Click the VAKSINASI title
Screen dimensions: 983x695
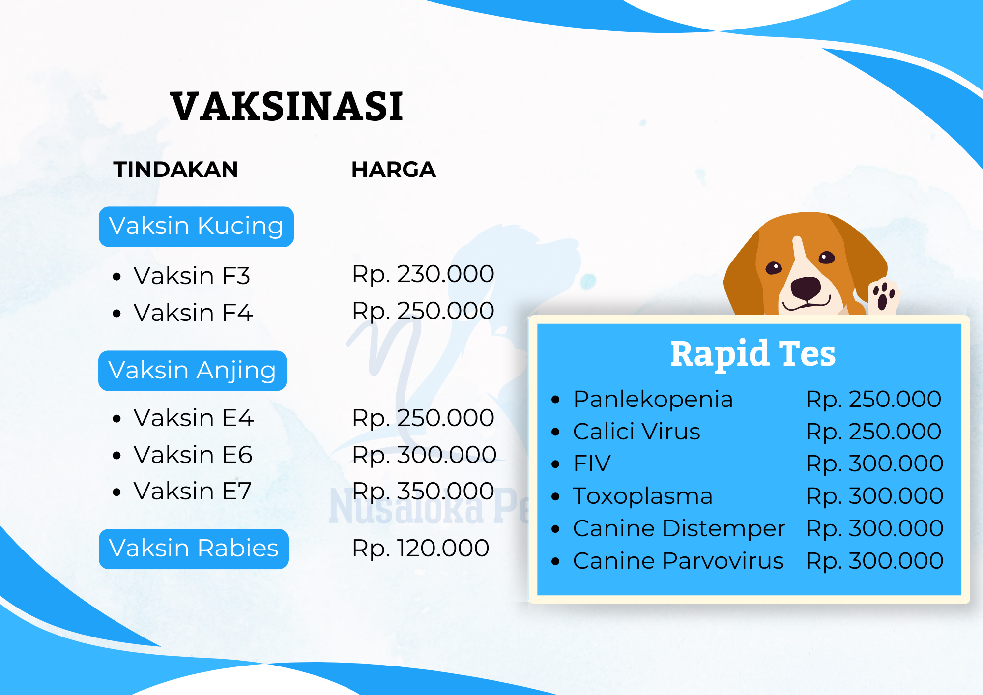pos(287,106)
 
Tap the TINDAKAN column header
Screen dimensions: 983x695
pos(176,170)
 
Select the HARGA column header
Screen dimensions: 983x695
pos(394,170)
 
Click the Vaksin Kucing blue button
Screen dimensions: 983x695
pos(196,227)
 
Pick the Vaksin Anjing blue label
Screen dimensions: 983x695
pos(192,371)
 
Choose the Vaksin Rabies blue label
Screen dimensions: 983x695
pos(193,549)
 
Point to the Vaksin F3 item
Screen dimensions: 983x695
pos(192,276)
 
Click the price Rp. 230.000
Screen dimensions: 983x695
pos(423,274)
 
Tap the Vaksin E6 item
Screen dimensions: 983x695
pos(193,455)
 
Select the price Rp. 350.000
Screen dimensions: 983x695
pos(423,492)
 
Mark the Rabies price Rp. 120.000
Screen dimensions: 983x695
pos(421,549)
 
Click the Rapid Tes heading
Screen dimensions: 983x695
pos(753,354)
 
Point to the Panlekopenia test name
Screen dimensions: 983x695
pos(653,399)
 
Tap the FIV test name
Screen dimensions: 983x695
pos(592,463)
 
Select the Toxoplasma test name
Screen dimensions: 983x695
pos(643,496)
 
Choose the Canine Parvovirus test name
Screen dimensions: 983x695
pos(678,561)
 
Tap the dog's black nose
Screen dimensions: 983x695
pos(806,288)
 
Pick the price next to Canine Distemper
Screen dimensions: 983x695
pos(875,529)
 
